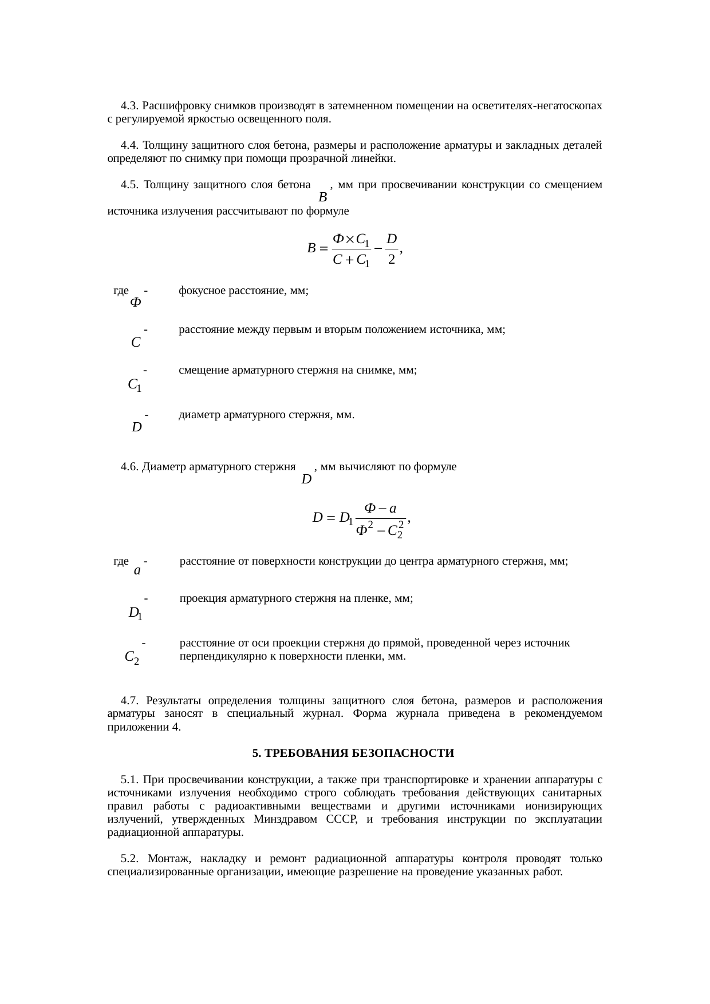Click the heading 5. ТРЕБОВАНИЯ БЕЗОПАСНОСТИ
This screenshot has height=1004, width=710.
pyautogui.click(x=353, y=753)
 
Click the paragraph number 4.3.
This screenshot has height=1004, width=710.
pyautogui.click(x=129, y=106)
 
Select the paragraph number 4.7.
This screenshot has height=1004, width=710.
pyautogui.click(x=129, y=701)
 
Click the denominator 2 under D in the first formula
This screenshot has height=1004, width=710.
pyautogui.click(x=392, y=260)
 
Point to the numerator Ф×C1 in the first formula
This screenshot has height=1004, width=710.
pyautogui.click(x=351, y=240)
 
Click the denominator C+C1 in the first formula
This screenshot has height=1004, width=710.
pyautogui.click(x=351, y=261)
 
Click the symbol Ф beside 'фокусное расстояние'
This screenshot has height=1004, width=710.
pyautogui.click(x=135, y=302)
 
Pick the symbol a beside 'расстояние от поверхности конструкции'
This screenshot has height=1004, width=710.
pyautogui.click(x=137, y=570)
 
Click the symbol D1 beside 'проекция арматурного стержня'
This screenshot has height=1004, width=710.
pyautogui.click(x=135, y=614)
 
